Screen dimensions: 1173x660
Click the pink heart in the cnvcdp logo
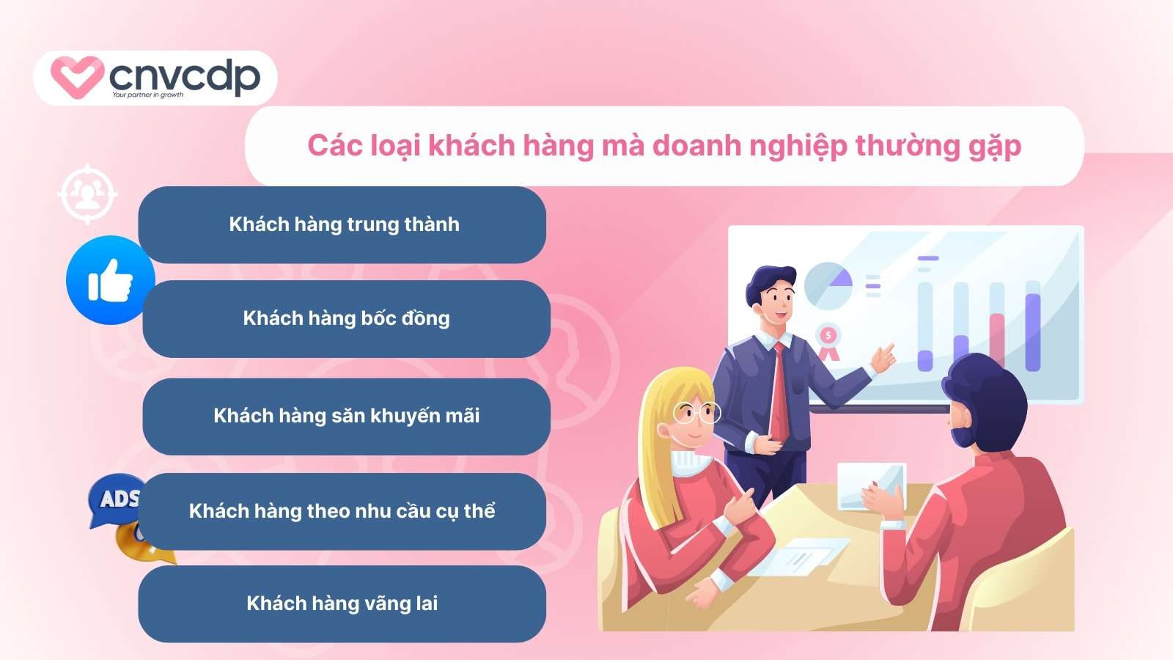[x=77, y=77]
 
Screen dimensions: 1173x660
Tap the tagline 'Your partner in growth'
[x=147, y=95]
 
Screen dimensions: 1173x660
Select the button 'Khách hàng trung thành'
[x=342, y=224]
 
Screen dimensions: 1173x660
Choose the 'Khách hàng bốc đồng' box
[x=346, y=318]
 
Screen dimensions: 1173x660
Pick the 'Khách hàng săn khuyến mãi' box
[x=346, y=417]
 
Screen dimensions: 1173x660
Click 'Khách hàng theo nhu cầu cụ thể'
[x=342, y=511]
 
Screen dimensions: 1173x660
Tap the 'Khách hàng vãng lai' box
[x=342, y=604]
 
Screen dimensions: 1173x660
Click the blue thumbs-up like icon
[x=111, y=280]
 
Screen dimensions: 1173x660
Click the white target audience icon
[x=87, y=194]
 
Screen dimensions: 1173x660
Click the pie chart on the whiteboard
[x=828, y=286]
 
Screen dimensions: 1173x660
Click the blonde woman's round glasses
[x=696, y=413]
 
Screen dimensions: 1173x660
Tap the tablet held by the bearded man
[x=872, y=486]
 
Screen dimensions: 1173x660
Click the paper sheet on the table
[x=798, y=557]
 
